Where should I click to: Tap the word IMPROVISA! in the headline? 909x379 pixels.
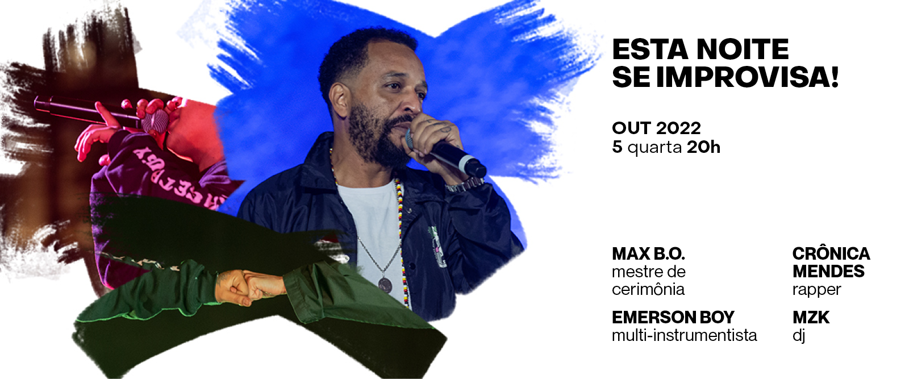(x=747, y=77)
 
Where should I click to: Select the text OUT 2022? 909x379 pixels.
(x=656, y=128)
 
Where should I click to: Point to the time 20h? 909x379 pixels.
(x=704, y=147)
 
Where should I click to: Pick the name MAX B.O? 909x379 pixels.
(x=648, y=253)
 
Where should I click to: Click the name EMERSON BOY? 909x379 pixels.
(x=673, y=317)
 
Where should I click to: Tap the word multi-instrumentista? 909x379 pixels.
(x=685, y=335)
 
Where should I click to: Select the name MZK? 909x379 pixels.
(x=811, y=317)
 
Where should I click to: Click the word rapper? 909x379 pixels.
(x=816, y=290)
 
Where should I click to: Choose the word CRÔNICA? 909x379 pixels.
(x=831, y=253)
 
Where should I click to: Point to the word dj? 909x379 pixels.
(x=799, y=336)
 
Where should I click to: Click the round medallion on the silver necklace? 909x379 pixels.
(x=385, y=284)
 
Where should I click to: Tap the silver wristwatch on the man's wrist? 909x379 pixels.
(x=465, y=185)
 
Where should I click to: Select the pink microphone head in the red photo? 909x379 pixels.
(x=156, y=120)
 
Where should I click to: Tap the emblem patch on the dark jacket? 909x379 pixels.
(x=437, y=245)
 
